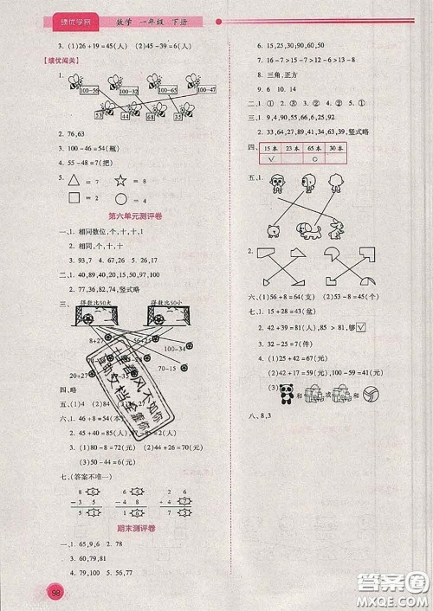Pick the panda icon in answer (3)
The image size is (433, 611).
click(x=285, y=392)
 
